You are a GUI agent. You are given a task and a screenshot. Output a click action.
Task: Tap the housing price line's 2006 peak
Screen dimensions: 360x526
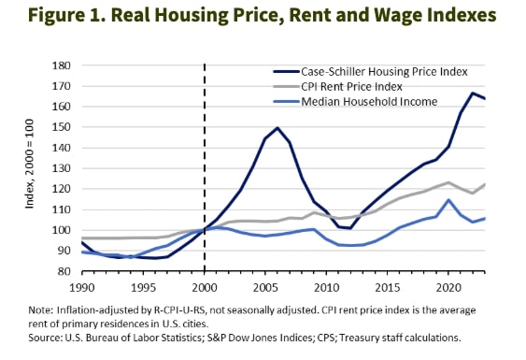point(278,128)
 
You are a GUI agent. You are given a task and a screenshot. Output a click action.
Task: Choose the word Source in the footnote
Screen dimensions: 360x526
point(45,338)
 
